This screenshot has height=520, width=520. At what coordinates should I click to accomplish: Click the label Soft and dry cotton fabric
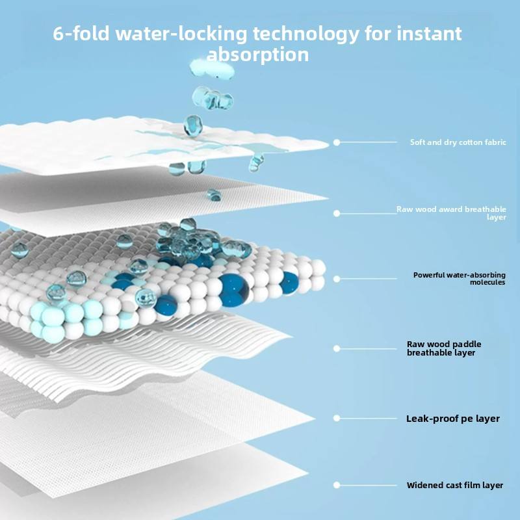(458, 142)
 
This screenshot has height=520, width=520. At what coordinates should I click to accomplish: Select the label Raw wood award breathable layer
(451, 213)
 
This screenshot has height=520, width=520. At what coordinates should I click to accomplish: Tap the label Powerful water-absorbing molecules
(459, 278)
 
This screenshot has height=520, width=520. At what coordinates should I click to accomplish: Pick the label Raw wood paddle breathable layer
(444, 348)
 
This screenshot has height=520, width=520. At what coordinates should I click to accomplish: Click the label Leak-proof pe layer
(453, 419)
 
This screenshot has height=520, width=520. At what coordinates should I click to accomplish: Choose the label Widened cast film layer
(455, 485)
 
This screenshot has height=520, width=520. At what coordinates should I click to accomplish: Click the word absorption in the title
(257, 55)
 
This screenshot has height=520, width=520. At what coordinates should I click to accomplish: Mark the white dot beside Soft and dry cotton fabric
(337, 142)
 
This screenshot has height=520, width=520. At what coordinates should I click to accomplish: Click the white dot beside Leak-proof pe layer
(337, 419)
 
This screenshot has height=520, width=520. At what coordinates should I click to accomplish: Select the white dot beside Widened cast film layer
(337, 485)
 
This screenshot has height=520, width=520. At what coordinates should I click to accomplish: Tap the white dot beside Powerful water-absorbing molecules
(337, 279)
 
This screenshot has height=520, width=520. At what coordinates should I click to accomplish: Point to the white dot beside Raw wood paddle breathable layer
(337, 348)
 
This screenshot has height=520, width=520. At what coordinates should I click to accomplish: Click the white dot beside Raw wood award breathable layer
(337, 213)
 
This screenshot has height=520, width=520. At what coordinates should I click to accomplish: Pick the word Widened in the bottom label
(423, 485)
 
